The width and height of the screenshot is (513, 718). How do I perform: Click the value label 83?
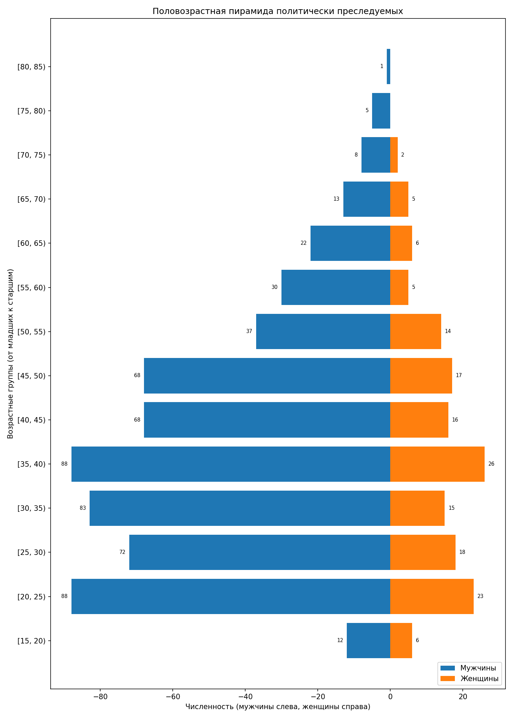pos(83,508)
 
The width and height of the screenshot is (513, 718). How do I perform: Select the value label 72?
pos(122,552)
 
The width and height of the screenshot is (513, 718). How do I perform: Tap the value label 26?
pos(491,464)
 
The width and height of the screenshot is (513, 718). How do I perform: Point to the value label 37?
pos(249,331)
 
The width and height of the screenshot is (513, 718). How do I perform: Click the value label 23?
pos(481,596)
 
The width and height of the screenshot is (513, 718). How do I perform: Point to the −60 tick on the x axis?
pos(173,697)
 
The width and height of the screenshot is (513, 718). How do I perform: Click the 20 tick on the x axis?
pos(463,697)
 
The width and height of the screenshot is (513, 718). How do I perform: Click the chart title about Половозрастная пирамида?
pos(278,11)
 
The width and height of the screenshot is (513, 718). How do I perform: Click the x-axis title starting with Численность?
pos(278,706)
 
